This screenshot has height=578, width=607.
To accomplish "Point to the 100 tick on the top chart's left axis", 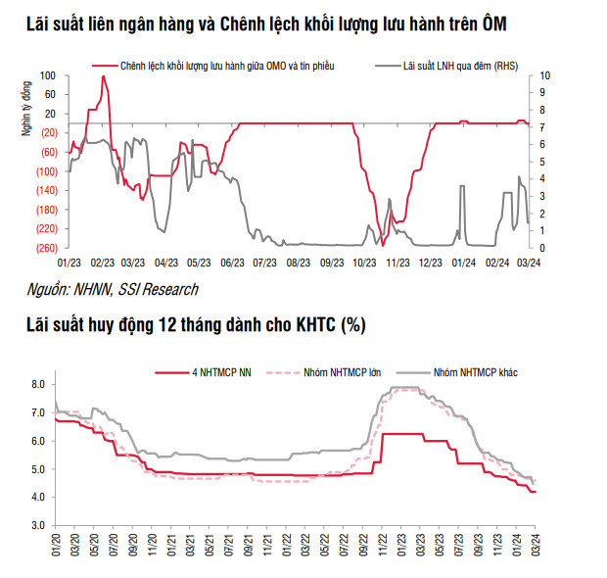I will (x=48, y=75).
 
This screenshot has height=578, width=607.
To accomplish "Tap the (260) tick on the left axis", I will (x=46, y=247).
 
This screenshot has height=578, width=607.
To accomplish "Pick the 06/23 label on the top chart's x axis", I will (x=233, y=263).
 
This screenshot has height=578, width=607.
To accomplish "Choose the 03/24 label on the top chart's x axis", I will (x=530, y=263).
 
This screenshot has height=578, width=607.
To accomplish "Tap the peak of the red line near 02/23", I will (x=103, y=76).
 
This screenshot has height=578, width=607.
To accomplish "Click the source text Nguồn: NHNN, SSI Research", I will (x=113, y=289).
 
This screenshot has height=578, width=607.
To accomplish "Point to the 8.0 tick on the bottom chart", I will (x=37, y=385).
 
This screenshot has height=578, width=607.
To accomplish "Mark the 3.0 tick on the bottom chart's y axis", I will (x=37, y=525).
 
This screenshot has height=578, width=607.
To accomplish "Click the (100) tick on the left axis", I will (x=46, y=170).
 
